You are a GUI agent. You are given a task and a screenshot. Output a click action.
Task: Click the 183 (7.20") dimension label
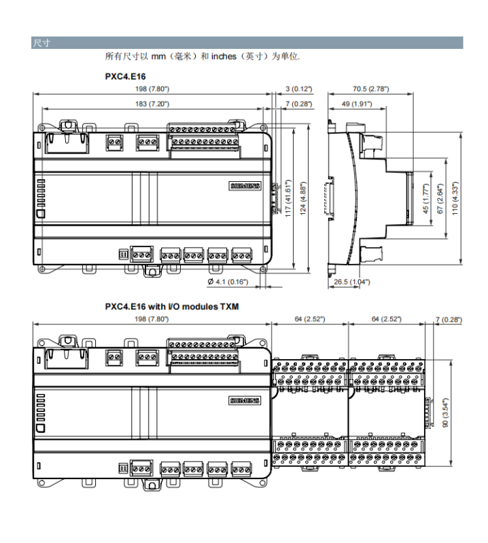coord(152,104)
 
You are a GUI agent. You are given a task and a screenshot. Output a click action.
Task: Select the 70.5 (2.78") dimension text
coord(370,89)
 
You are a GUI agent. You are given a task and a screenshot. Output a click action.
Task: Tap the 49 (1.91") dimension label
coord(355,104)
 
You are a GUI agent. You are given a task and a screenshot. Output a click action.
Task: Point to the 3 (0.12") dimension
coord(298,89)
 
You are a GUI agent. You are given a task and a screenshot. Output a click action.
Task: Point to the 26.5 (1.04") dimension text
coord(351,282)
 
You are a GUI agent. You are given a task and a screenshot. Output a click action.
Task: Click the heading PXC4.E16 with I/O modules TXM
coord(171,306)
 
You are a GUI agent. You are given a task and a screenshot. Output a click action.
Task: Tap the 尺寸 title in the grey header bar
coord(41,43)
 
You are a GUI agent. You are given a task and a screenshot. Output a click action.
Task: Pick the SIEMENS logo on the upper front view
coord(245,186)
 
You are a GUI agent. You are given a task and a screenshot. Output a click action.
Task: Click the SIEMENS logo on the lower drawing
coord(245,401)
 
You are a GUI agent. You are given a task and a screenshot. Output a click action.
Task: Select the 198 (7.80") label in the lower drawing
coord(152,319)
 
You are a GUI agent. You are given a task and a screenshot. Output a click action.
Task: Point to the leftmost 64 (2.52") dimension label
coord(310,319)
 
